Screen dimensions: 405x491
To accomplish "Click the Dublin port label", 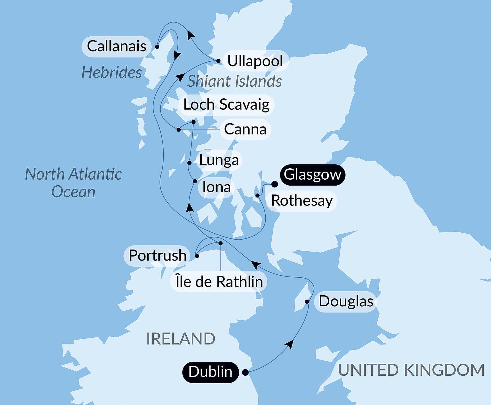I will coord(210,372).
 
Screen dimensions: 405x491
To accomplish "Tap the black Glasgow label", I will coord(312,175).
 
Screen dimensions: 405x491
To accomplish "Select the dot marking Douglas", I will coord(307,302).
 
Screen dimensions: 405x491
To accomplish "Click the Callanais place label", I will coord(116,46).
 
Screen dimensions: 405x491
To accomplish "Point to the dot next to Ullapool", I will coord(218,61).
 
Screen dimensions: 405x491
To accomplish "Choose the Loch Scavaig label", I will coord(226,105).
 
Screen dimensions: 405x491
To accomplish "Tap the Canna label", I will coord(245,130).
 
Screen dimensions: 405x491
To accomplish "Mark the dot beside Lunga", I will coord(190,163).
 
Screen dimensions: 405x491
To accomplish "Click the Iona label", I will coord(216,187).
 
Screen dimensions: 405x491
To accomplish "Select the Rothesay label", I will coord(302,201).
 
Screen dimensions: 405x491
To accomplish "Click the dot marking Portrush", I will coord(197,256).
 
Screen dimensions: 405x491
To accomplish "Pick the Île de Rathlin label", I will coord(219,282).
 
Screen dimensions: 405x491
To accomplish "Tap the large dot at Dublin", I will coord(245,372).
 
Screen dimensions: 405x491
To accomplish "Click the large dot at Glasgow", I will coord(274,184).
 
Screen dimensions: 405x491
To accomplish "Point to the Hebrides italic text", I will coord(111,72).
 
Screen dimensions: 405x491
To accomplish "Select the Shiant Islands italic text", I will coord(234,81).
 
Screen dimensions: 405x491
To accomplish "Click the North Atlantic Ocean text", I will coord(73,183).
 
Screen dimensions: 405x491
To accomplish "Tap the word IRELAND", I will coord(181,338).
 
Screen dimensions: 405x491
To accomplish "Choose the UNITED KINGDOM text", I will coord(411,370).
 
